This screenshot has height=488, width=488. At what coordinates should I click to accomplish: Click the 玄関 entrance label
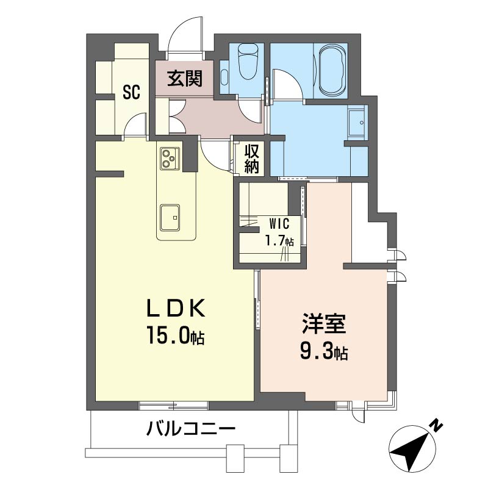click(x=185, y=79)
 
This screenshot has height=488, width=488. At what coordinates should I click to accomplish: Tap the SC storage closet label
click(x=131, y=92)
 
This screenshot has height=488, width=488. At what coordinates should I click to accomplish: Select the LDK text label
click(x=176, y=307)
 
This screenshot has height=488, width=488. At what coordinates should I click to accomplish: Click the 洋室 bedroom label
click(x=324, y=324)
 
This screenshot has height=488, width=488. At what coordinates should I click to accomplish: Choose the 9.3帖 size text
click(x=324, y=351)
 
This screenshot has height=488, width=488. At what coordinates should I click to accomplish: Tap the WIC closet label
click(x=279, y=223)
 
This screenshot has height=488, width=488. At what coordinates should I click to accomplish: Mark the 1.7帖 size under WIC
click(x=279, y=240)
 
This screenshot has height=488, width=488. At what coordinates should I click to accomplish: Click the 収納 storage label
click(x=251, y=159)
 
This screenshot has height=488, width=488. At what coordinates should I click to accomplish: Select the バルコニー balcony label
click(x=191, y=429)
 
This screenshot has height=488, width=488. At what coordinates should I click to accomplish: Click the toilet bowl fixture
click(x=248, y=62)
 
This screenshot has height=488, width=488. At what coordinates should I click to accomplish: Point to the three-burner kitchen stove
click(x=170, y=159)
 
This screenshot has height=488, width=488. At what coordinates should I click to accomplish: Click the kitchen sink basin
click(x=170, y=218)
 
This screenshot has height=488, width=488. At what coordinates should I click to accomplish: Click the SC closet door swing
click(x=135, y=124)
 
